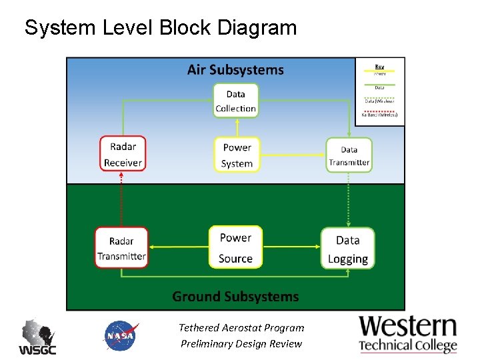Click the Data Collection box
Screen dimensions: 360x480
point(235,101)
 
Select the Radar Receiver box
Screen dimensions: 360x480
point(123,154)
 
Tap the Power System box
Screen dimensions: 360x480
point(237,155)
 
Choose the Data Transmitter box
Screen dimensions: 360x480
point(349,155)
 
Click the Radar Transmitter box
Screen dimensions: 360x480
point(121,248)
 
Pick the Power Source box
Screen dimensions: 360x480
point(235,247)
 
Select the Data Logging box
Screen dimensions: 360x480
point(347,249)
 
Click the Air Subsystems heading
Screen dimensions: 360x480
point(235,70)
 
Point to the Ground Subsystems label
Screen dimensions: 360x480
point(235,296)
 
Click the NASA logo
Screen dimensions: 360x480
point(121,335)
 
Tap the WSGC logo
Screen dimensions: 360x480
point(37,337)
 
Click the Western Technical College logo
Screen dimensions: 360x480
point(408,333)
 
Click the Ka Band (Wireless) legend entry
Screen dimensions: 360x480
point(379,113)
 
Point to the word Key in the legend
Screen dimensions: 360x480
point(379,66)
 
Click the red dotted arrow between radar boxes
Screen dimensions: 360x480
point(121,199)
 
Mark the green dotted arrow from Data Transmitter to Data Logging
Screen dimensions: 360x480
point(347,200)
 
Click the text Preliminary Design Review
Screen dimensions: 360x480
point(241,344)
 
